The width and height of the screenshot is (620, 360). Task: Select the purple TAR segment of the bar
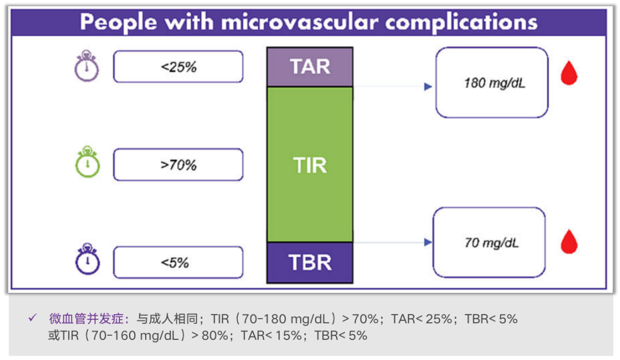coord(310,67)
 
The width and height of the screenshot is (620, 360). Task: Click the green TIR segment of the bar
coord(310,165)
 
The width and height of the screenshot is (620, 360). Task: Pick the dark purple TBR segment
coord(310,262)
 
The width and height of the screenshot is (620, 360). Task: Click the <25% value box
coord(178,67)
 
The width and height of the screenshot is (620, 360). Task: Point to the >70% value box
coord(178,165)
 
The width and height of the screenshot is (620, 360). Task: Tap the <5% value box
coord(178,262)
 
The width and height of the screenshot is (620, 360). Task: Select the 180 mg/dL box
coord(491,83)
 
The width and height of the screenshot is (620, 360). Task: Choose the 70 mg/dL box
coord(489,242)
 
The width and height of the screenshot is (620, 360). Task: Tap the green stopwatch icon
coord(87,163)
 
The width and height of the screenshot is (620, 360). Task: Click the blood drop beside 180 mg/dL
coord(568,74)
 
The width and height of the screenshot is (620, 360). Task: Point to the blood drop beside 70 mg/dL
coord(568,242)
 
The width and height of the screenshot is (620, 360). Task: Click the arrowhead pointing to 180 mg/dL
coord(427,87)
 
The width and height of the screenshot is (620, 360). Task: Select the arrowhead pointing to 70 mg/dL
coord(427,242)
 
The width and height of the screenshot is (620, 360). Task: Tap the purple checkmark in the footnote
coord(33,318)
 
